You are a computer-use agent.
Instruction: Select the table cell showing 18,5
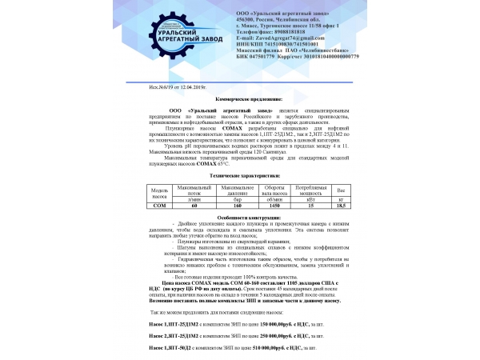point(341,206)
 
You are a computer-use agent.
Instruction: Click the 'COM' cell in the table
point(156,206)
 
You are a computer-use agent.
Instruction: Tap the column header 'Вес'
point(341,190)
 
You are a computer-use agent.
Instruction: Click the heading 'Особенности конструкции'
point(239,218)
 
